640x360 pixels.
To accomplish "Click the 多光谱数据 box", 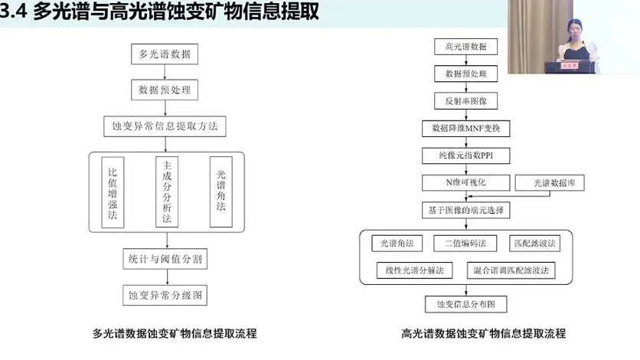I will pos(165,55).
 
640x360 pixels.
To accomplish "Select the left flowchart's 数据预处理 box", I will pos(165,90).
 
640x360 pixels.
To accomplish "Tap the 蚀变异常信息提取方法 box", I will pos(165,124).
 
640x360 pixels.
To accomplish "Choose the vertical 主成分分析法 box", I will pos(165,192).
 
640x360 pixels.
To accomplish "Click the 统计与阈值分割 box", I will pos(165,259).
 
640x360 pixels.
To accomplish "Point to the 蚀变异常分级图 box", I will pos(165,294).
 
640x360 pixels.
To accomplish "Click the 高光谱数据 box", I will pos(466,47).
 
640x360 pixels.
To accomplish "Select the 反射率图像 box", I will pos(466,101).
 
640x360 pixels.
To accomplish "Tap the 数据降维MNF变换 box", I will pos(466,128).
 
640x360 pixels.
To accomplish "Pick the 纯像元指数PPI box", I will pos(466,155).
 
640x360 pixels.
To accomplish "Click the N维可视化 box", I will pos(466,182).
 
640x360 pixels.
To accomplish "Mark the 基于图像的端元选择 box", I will pos(466,209).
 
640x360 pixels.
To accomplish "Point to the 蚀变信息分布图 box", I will pos(466,304).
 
